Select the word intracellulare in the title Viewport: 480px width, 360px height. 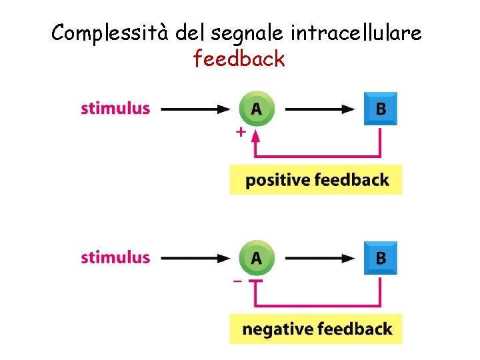point(357,33)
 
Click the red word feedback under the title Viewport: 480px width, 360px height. point(239,59)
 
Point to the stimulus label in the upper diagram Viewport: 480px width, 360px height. point(115,108)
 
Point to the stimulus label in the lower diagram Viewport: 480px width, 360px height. point(115,257)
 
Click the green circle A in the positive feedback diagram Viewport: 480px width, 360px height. point(256,109)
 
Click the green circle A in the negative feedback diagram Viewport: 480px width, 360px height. point(256,258)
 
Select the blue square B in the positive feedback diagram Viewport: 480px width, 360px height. point(380,109)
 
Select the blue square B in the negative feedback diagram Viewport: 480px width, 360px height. point(380,258)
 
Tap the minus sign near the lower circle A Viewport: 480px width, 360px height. point(237,282)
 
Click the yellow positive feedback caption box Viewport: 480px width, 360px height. point(316,179)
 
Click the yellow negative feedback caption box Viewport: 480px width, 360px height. point(316,329)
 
